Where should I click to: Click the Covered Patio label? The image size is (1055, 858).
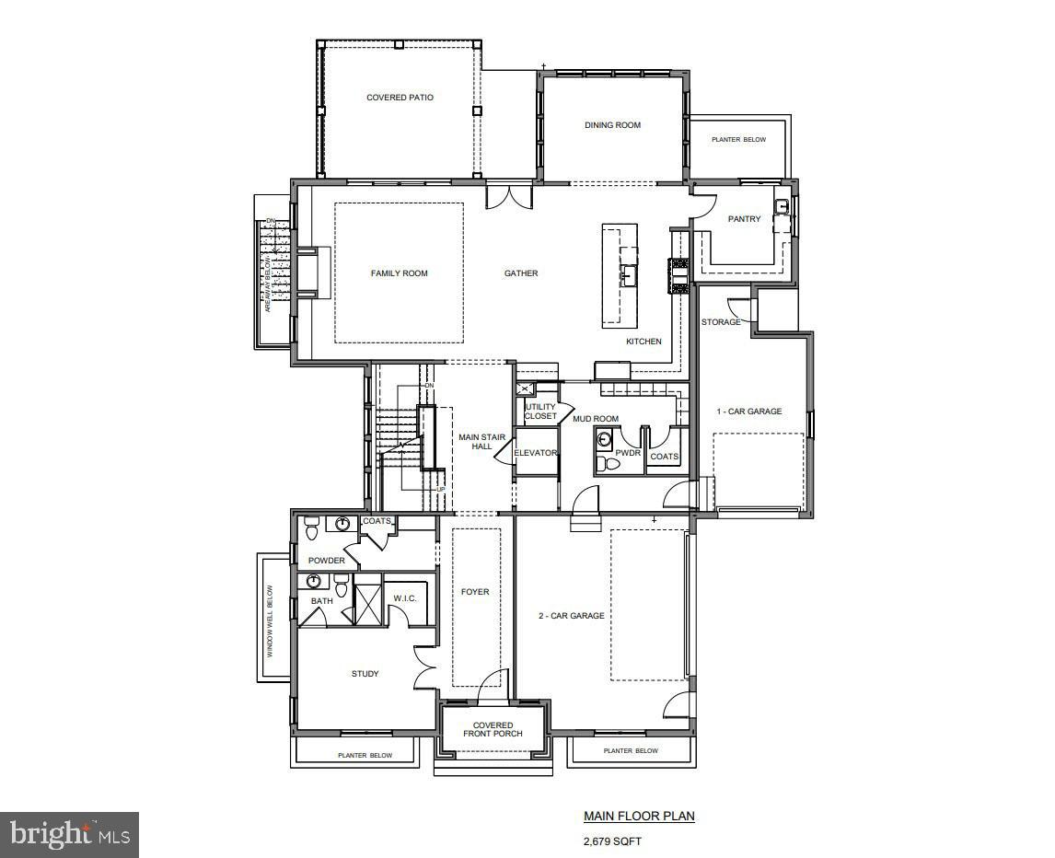[x=400, y=98]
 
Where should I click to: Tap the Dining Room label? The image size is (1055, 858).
[x=612, y=125]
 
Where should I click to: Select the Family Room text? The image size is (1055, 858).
[x=399, y=273]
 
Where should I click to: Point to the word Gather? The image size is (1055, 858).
[x=521, y=273]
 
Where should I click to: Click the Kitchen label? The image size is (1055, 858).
[x=643, y=342]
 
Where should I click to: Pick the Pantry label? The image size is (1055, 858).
[x=744, y=219]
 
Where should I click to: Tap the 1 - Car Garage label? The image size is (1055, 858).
[x=749, y=412]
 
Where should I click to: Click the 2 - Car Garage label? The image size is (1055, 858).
[x=572, y=616]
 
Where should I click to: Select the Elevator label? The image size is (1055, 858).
[x=536, y=453]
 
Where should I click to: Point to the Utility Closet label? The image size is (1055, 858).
[x=540, y=412]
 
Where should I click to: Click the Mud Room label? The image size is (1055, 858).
[x=596, y=419]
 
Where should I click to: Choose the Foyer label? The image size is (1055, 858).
[x=475, y=592]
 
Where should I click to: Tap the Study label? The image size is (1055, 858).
[x=365, y=674]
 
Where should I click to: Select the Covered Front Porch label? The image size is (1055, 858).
[x=493, y=729]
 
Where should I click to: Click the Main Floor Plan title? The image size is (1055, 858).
[x=639, y=816]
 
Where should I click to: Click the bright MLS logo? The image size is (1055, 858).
[x=70, y=835]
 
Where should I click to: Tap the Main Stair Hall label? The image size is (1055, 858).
[x=475, y=442]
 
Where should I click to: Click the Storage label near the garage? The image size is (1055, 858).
[x=721, y=322]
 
